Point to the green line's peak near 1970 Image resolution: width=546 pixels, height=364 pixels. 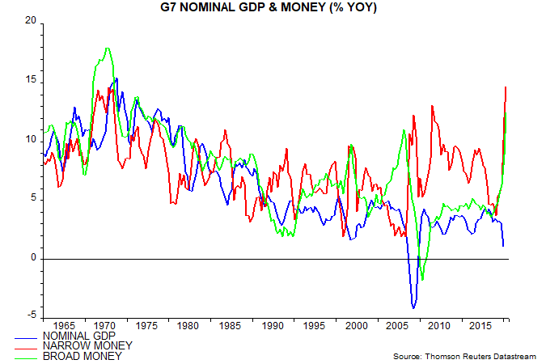click(107, 49)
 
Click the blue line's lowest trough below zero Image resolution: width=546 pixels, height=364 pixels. click(414, 307)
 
